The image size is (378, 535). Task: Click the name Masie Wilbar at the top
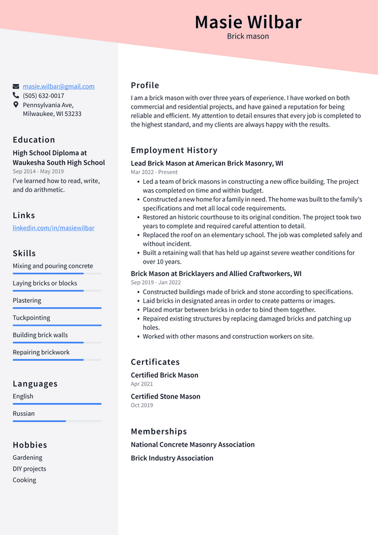pos(248,22)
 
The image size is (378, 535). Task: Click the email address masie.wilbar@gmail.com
pos(58,86)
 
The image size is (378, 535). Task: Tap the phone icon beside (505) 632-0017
pos(16,96)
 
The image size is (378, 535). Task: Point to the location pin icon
pos(16,105)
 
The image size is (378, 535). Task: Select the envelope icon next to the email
pos(16,86)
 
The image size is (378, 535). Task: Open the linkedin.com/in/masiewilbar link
pos(53,228)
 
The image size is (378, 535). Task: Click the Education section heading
pos(34,140)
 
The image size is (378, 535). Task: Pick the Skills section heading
pos(24,254)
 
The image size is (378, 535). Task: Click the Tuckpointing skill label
pos(31,317)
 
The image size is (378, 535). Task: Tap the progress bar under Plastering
pos(57,308)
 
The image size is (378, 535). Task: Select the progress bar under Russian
pos(57,421)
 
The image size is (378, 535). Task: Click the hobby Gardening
pos(27,458)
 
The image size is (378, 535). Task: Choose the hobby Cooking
pos(24,480)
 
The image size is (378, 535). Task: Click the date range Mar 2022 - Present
pos(154,172)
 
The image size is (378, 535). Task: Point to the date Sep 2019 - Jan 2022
pos(155,283)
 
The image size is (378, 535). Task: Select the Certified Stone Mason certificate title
pos(165,397)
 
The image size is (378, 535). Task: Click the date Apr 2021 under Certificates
pos(142,384)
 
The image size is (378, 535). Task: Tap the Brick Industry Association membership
pos(172,458)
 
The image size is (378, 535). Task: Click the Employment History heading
pos(174,150)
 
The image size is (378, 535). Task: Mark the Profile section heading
pos(145,85)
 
